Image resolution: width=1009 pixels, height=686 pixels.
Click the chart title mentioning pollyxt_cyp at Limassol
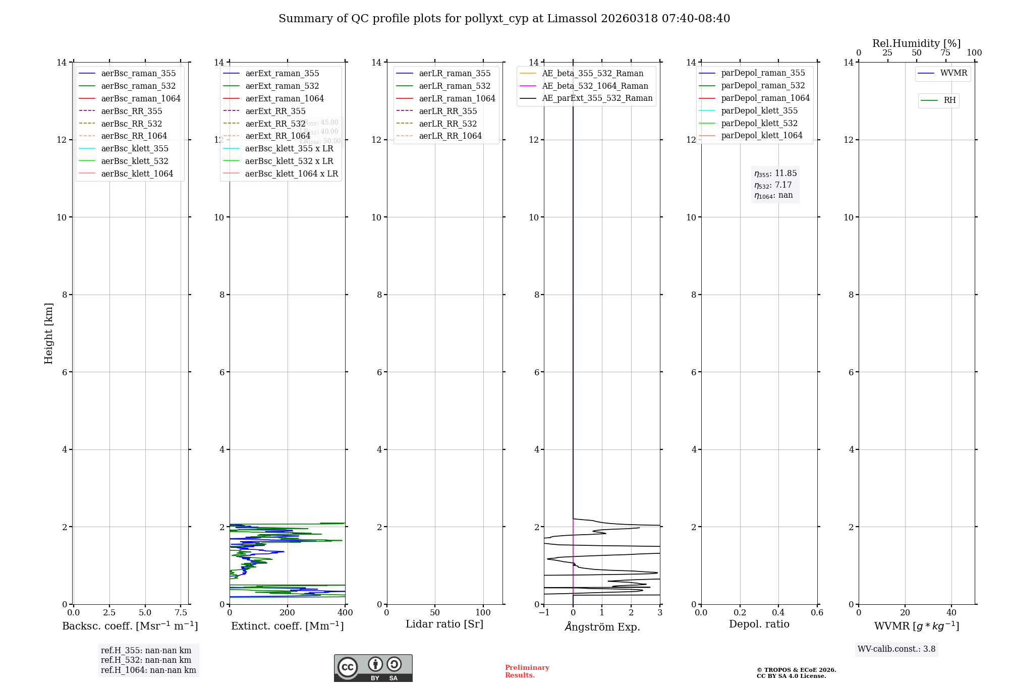click(x=504, y=19)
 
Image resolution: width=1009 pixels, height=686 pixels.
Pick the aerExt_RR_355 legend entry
click(x=275, y=111)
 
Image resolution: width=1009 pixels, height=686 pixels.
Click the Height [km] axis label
click(x=48, y=333)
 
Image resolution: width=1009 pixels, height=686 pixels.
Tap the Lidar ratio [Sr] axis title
click(x=444, y=624)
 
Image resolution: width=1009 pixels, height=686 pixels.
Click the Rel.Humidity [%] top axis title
click(x=916, y=43)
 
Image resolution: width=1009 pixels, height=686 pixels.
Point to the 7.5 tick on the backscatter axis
click(x=181, y=612)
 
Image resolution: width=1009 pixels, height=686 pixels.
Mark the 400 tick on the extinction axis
click(x=345, y=612)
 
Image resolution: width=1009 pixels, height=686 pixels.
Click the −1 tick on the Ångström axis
click(x=544, y=612)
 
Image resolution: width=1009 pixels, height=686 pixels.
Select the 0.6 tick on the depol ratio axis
click(x=817, y=612)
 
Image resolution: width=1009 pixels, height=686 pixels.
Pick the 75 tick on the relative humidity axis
click(x=945, y=53)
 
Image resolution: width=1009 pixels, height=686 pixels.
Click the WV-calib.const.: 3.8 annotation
click(x=896, y=649)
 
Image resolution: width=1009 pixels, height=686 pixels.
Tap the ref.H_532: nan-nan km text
click(x=146, y=660)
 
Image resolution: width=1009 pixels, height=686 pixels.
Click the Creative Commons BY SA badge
click(x=373, y=668)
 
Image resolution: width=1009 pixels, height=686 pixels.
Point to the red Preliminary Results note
click(x=527, y=671)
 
